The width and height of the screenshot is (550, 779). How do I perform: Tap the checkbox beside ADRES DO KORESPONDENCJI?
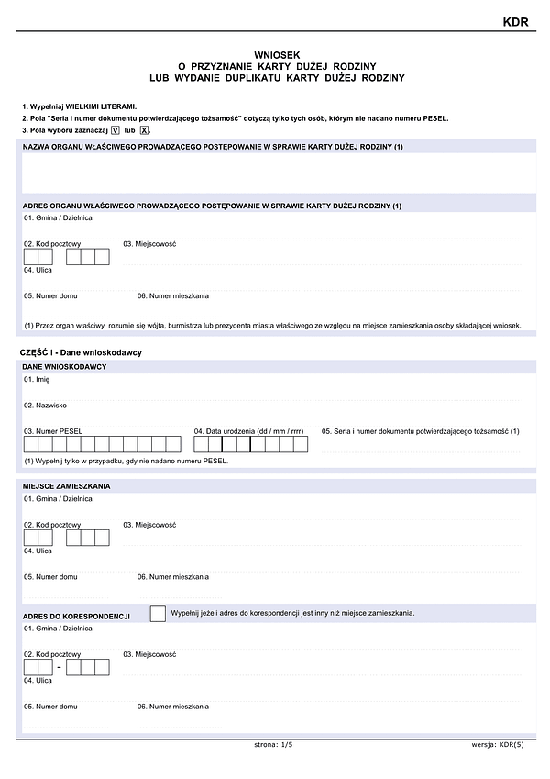tap(158, 613)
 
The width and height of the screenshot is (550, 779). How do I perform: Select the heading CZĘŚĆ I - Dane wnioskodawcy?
tap(81, 352)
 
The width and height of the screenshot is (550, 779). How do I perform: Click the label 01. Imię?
tap(37, 379)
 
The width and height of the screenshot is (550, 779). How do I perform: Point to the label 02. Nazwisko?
tap(46, 405)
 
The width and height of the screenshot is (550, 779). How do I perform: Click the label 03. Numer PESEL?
tap(53, 431)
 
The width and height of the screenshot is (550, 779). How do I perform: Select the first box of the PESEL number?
tap(31, 445)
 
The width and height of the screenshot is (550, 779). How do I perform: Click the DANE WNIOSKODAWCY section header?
tap(64, 367)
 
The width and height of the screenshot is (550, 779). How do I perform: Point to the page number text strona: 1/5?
tap(273, 745)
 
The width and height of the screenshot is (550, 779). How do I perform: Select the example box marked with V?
tap(115, 131)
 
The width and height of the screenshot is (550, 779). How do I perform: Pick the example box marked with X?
tap(144, 131)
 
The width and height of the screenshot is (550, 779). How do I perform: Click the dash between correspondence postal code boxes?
tap(60, 667)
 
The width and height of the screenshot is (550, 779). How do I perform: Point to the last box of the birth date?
tap(300, 445)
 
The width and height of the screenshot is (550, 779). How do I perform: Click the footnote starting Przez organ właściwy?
tap(272, 326)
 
